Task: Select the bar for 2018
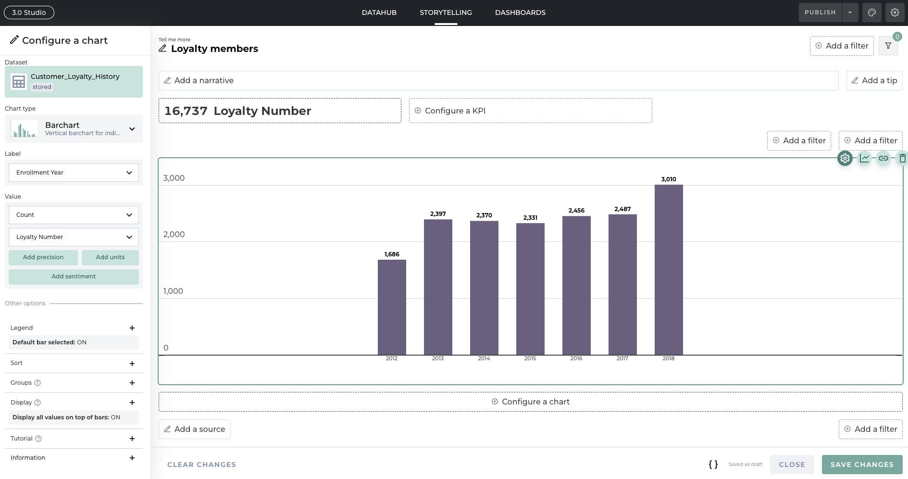coord(669,269)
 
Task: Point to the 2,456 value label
coord(576,211)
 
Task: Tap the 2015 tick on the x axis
coord(530,358)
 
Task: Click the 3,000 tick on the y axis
coord(174,178)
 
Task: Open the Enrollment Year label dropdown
coord(74,173)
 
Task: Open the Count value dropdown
coord(74,215)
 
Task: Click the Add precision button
coord(43,257)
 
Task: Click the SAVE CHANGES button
coord(862,465)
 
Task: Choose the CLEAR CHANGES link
coord(201,465)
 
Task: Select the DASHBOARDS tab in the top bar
coord(520,13)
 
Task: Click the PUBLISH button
coord(820,13)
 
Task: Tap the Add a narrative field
coord(498,80)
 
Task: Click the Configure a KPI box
coord(530,111)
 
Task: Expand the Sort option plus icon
coord(132,364)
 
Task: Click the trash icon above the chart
coord(902,158)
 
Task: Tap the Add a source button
coord(195,429)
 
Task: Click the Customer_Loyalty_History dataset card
coord(74,82)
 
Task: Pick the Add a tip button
coord(874,80)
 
